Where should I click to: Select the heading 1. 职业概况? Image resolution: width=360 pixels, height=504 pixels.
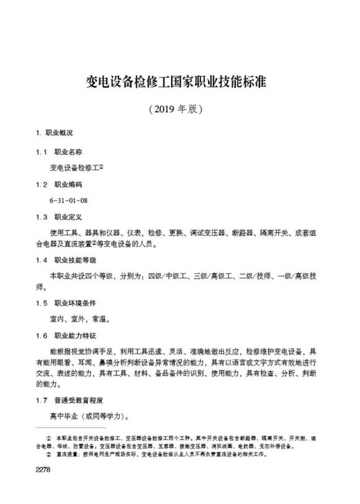point(55,133)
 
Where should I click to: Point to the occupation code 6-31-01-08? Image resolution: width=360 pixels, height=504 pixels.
point(69,201)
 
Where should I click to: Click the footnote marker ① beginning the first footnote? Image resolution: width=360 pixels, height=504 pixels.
point(49,438)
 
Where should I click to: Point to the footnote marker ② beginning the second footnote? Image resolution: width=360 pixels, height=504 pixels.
point(49,454)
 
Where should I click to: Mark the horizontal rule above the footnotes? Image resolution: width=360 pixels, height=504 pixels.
point(71,429)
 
